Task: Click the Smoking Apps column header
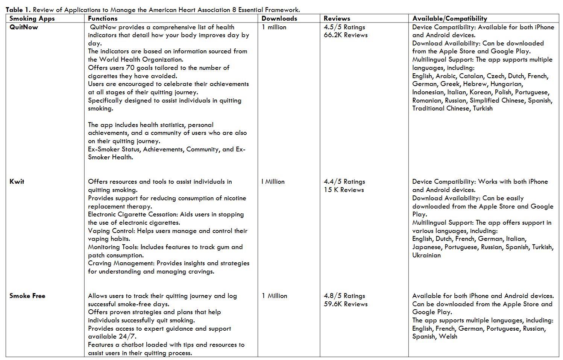32,18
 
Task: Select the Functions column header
103,18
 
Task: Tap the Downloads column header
279,18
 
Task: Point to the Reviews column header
337,18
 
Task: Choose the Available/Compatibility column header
450,18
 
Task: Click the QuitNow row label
24,27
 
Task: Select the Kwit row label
17,182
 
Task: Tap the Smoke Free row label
27,296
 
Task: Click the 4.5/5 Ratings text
344,27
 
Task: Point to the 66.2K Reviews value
346,35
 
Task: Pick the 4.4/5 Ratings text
344,182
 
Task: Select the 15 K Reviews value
344,190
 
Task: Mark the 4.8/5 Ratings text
344,296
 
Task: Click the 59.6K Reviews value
346,304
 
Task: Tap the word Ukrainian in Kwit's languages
426,255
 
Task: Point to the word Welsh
448,336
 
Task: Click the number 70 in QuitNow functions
130,68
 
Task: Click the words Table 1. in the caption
18,10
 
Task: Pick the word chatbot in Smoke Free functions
135,345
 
